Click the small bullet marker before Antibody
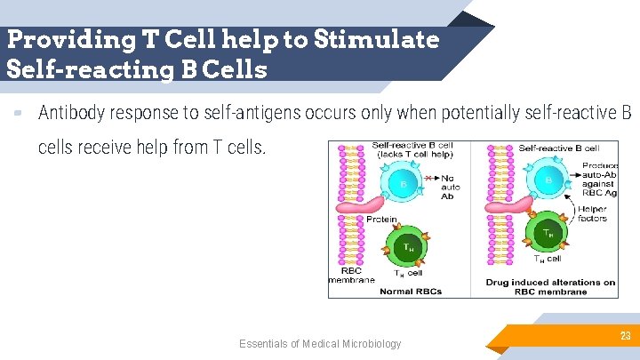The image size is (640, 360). pos(18,113)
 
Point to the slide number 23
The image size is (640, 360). pos(625,336)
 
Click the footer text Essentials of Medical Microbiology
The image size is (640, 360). pos(320,344)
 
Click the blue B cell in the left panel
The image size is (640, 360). pos(404,185)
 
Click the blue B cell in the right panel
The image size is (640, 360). pos(548,182)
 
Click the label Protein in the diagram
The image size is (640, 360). pos(381,220)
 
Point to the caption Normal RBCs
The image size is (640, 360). pos(411,291)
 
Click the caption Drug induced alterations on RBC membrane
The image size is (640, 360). pos(550,286)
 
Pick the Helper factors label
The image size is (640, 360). pos(593,213)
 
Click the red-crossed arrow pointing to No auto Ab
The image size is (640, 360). pos(430,179)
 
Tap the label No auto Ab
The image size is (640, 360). pos(450,187)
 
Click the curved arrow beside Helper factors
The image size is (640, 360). pos(570,205)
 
